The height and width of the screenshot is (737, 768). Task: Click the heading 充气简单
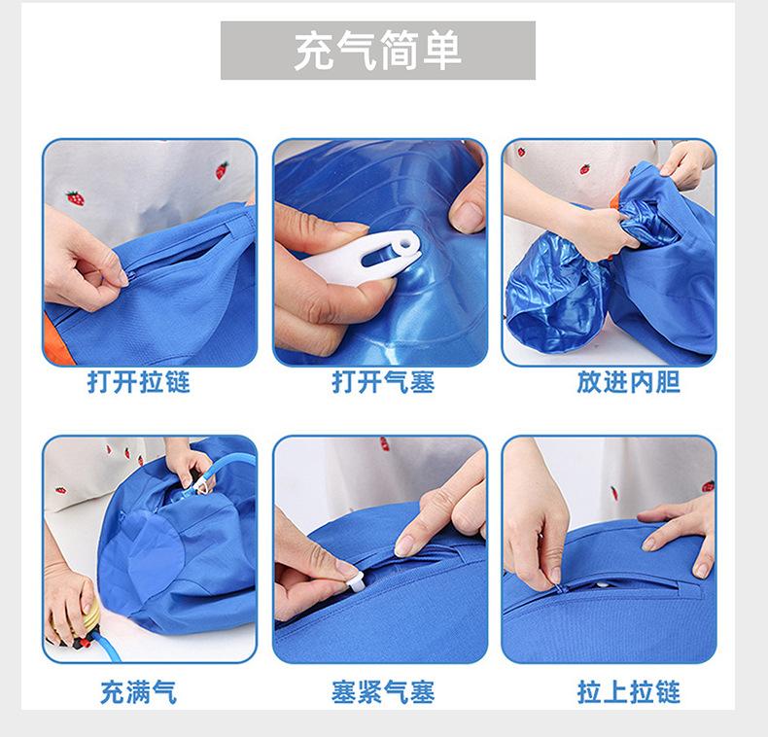[x=377, y=51]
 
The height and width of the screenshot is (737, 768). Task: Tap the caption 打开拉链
[x=139, y=382]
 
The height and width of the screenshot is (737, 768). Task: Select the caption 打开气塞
[x=383, y=382]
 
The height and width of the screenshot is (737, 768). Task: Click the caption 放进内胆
[x=628, y=382]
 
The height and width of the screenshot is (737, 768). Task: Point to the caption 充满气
[x=139, y=692]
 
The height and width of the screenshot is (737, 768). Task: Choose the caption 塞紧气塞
[x=383, y=692]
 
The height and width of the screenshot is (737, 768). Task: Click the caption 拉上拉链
[x=628, y=692]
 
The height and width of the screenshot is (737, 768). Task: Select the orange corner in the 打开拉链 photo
[x=56, y=338]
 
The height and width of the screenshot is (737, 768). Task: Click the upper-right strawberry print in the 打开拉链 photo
[x=222, y=169]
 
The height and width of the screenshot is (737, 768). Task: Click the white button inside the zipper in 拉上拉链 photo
[x=603, y=585]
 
